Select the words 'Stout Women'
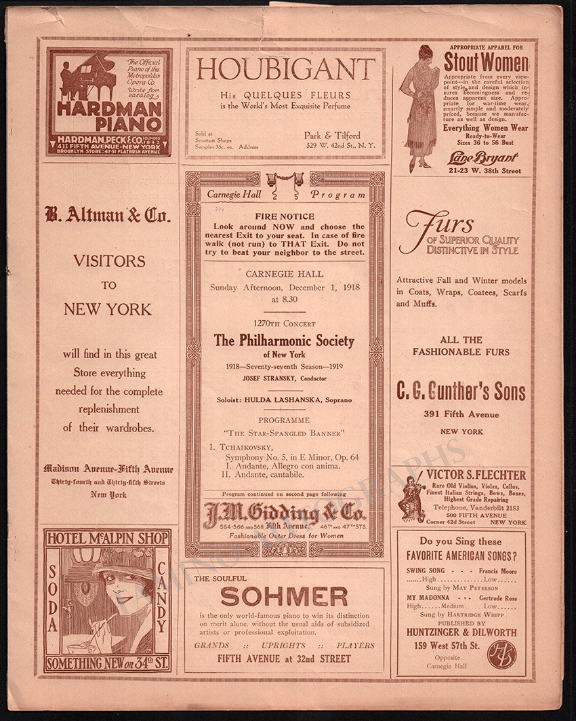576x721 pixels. point(485,63)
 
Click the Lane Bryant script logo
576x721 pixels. point(484,157)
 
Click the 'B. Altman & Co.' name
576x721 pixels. point(108,216)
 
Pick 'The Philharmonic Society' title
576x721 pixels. point(284,340)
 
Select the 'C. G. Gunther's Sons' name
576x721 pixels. point(461,391)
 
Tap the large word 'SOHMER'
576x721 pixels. point(284,596)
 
